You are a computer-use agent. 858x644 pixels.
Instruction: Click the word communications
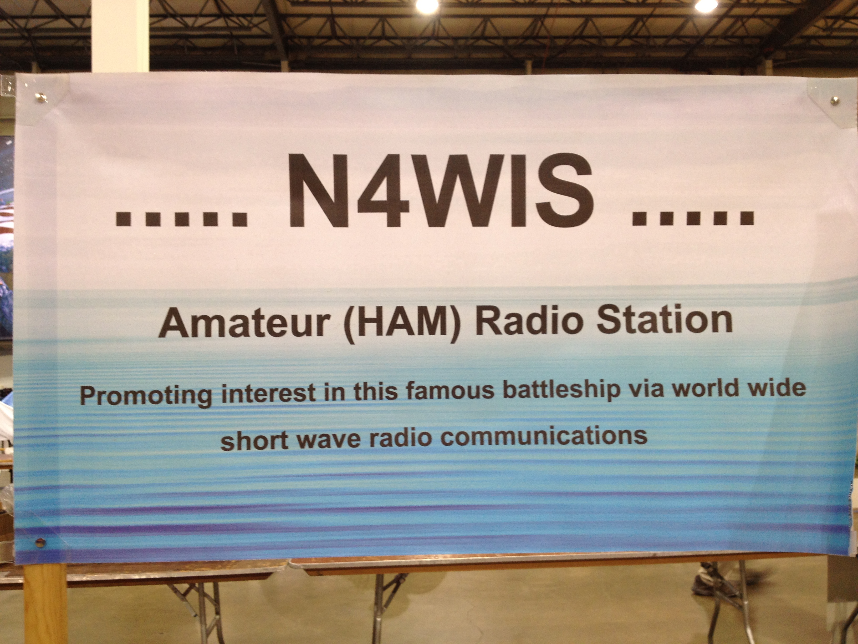[x=544, y=436]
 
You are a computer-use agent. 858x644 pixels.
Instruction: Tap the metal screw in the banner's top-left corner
[x=40, y=97]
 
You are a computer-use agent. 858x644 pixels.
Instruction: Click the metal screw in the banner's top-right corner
[x=834, y=101]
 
